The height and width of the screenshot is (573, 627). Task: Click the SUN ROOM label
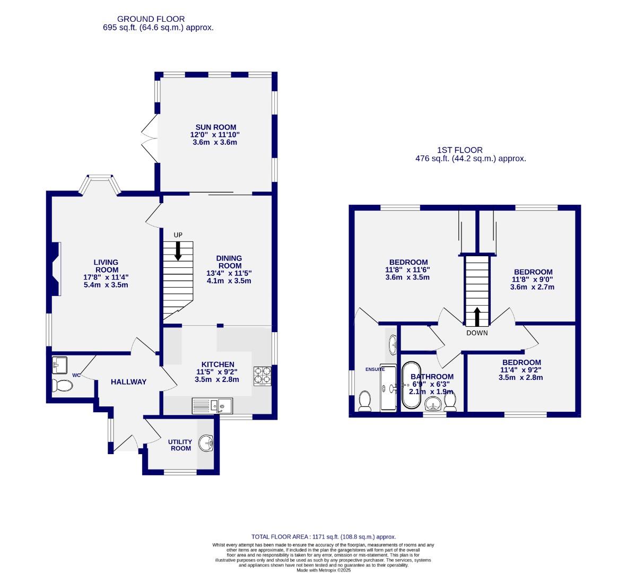[x=215, y=127]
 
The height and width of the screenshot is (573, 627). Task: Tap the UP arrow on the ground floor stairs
[x=178, y=250]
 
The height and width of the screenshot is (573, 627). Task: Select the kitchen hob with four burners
[x=262, y=376]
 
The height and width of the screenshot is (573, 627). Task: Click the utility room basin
[x=206, y=444]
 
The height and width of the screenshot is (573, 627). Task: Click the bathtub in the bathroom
[x=411, y=385]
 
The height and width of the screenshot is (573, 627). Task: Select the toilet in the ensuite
[x=364, y=401]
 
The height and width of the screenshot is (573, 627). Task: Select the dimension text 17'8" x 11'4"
[x=106, y=277]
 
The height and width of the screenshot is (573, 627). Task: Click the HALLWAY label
[x=128, y=381]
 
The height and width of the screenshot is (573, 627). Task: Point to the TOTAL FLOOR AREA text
[x=324, y=537]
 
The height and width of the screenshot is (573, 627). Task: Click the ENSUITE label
[x=375, y=369]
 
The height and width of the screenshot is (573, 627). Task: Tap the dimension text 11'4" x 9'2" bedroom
[x=520, y=370]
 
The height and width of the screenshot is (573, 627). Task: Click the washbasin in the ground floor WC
[x=59, y=365]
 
